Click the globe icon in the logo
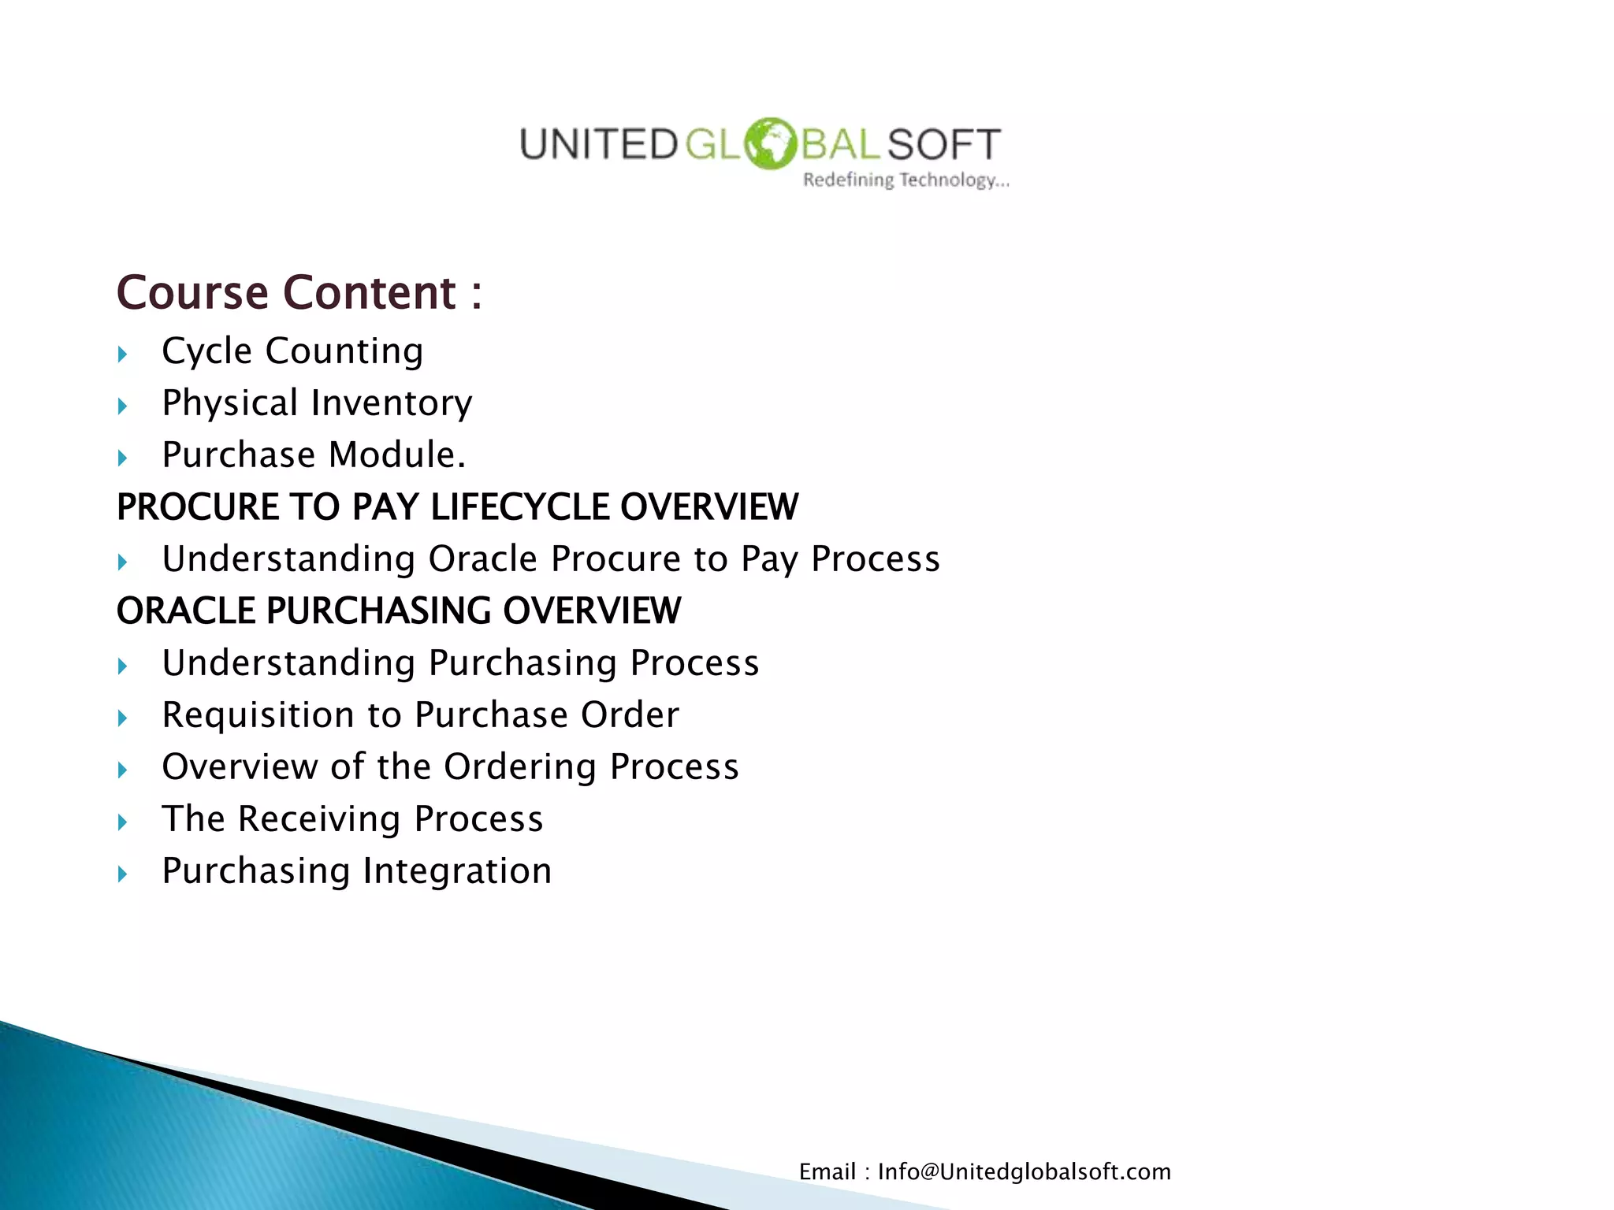[770, 143]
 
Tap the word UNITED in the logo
[597, 145]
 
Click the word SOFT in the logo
[943, 145]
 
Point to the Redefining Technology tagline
[906, 180]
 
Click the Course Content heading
[299, 293]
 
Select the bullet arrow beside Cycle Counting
[122, 354]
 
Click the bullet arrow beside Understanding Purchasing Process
[122, 666]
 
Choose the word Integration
[457, 871]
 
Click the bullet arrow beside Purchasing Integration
[122, 874]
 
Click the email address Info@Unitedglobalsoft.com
[1024, 1171]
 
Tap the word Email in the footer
[827, 1171]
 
